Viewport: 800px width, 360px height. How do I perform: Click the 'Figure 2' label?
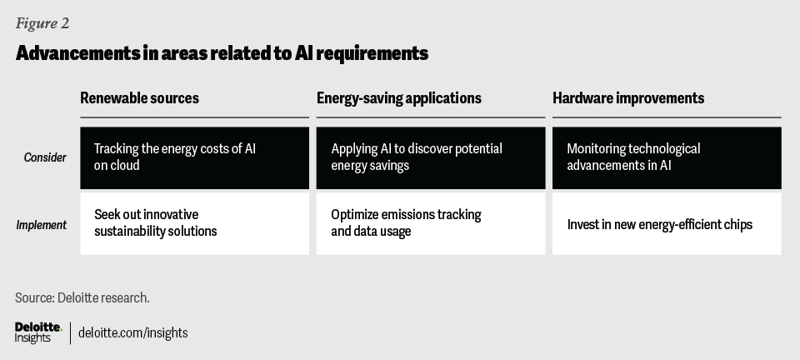click(42, 23)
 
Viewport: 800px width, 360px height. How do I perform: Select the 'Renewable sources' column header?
click(139, 97)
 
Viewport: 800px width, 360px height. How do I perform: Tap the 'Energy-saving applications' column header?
click(399, 97)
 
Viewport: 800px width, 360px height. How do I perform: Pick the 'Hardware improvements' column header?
click(628, 97)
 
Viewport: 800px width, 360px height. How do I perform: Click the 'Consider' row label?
click(45, 157)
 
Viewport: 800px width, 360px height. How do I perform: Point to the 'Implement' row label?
click(42, 225)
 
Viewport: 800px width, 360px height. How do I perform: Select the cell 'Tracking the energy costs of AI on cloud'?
click(194, 158)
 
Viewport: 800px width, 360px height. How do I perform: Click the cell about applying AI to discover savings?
click(431, 158)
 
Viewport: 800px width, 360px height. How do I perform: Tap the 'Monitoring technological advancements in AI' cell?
click(667, 158)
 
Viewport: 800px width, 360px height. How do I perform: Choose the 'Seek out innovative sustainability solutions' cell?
click(194, 223)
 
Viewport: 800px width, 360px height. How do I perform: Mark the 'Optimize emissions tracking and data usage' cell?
click(431, 223)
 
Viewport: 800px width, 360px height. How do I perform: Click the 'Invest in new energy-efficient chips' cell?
click(667, 223)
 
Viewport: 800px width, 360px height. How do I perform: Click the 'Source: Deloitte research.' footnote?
click(82, 297)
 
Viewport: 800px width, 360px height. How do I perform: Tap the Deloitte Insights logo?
click(38, 332)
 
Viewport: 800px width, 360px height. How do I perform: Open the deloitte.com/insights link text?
click(132, 333)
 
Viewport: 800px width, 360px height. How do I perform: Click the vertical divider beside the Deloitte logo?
click(70, 333)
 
